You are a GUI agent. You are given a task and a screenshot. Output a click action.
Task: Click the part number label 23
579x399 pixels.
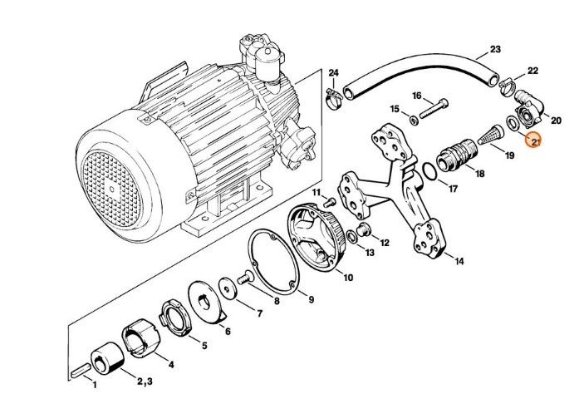(496, 49)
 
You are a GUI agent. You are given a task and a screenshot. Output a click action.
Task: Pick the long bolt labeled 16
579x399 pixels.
(432, 107)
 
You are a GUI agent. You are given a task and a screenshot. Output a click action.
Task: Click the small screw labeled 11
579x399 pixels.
(331, 199)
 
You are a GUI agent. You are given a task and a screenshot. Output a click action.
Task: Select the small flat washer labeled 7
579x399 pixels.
(225, 288)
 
